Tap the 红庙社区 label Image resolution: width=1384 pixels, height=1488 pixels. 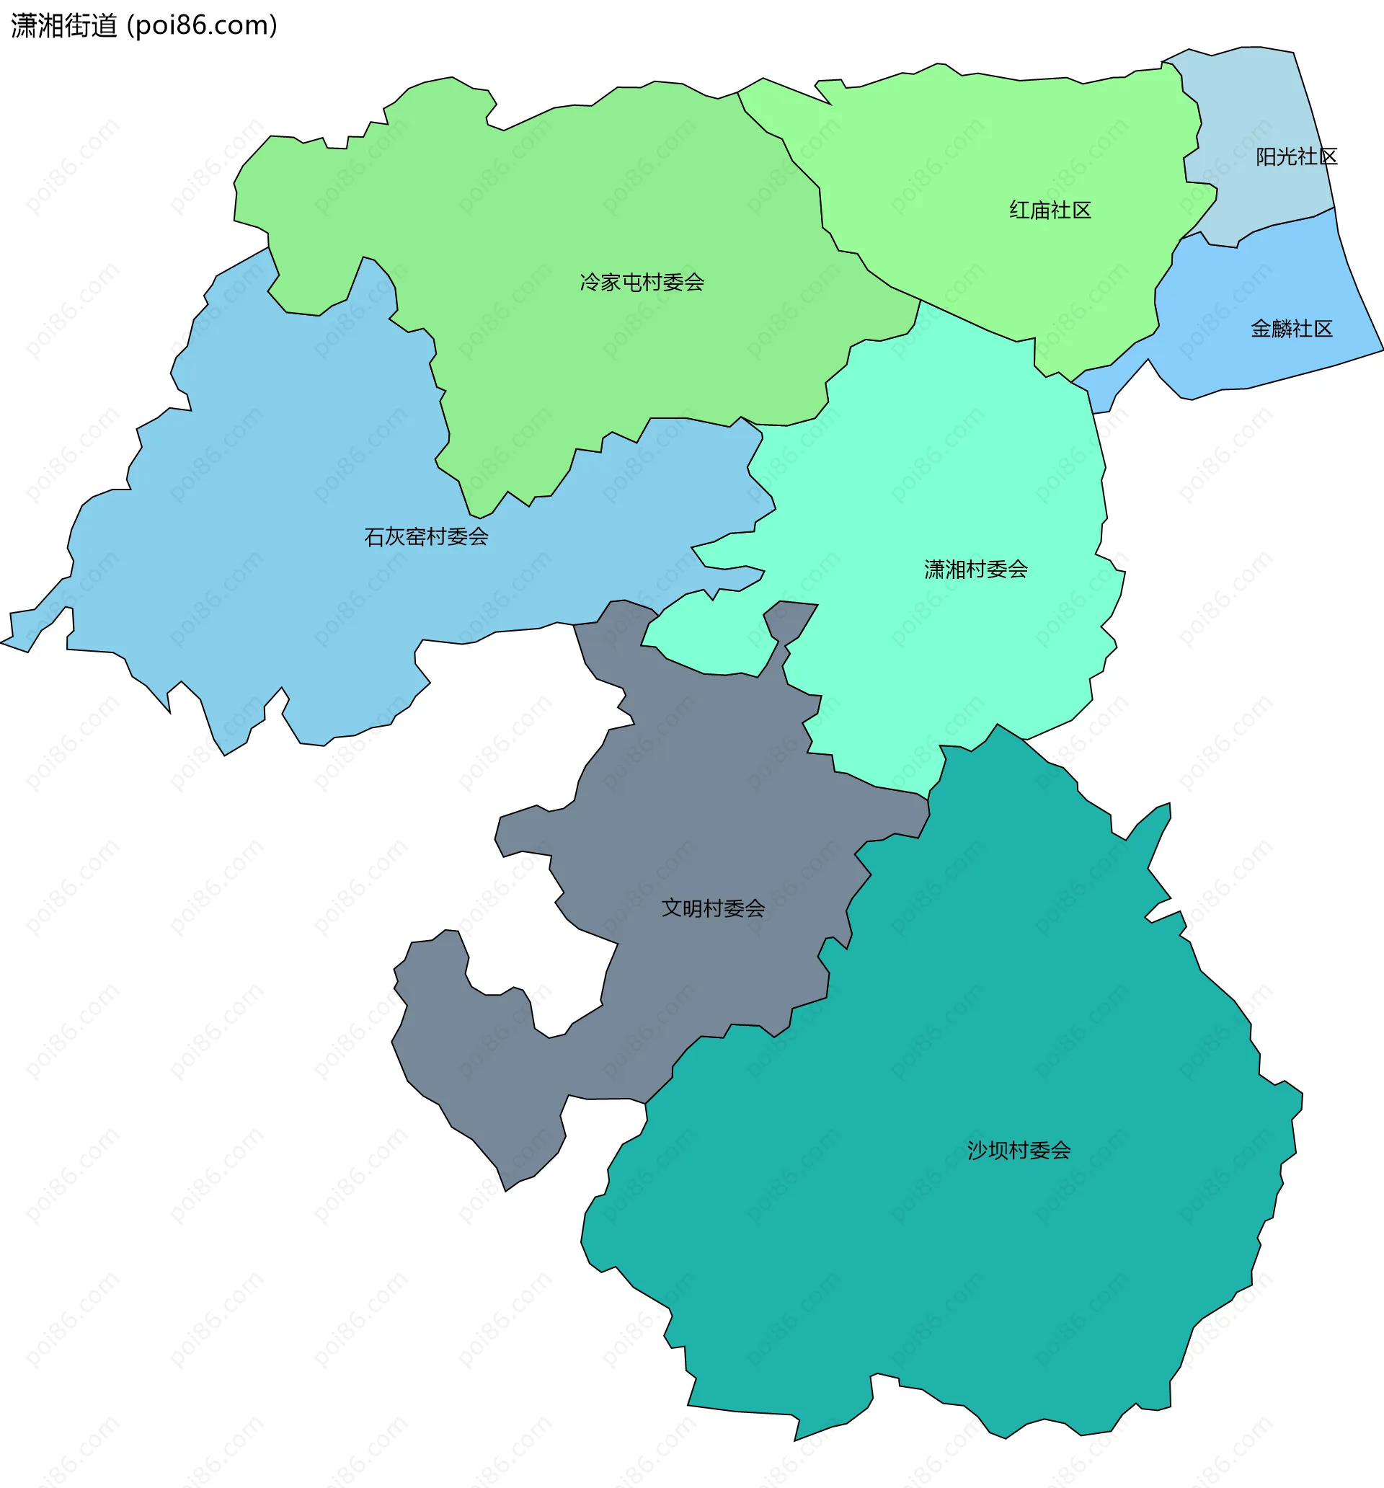coord(1050,211)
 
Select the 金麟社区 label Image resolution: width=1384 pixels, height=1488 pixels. coord(1292,329)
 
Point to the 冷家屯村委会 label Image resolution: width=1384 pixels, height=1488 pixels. coord(642,282)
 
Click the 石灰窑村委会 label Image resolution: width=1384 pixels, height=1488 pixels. coord(426,536)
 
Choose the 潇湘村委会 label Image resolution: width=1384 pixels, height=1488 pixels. coord(976,570)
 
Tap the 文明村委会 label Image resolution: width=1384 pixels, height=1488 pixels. coord(714,908)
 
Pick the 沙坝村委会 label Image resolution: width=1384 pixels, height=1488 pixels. coord(1019,1150)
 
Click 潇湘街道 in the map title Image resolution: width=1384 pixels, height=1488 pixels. coord(64,26)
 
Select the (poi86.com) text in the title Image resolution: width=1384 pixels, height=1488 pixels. coord(202,26)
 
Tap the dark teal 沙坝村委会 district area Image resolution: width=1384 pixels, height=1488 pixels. coord(973,1272)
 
